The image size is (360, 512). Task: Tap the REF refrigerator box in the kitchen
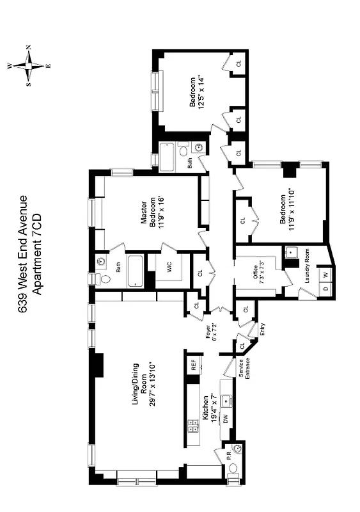click(192, 367)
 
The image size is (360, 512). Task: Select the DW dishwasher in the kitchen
click(225, 418)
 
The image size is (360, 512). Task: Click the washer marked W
click(326, 275)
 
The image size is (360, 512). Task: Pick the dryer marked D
click(326, 289)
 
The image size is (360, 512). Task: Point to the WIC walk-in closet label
click(170, 269)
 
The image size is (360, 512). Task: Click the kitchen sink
click(226, 400)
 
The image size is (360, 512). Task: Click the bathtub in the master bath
click(137, 272)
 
